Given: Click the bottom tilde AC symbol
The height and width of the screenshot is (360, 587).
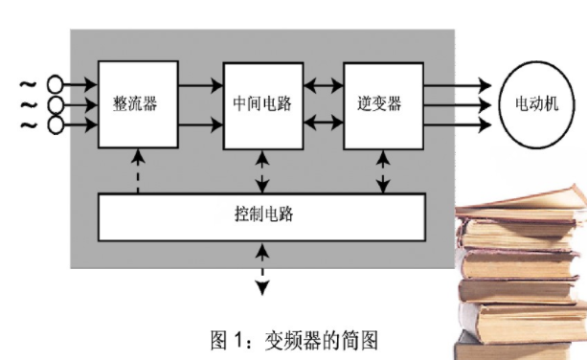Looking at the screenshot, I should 27,124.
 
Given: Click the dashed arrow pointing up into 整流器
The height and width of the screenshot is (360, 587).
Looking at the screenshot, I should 139,170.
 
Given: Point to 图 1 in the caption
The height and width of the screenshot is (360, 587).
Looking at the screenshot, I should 228,339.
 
